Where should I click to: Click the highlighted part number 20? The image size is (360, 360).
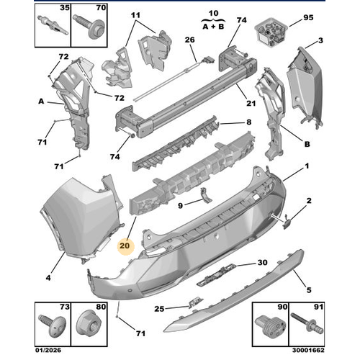click(x=125, y=245)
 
